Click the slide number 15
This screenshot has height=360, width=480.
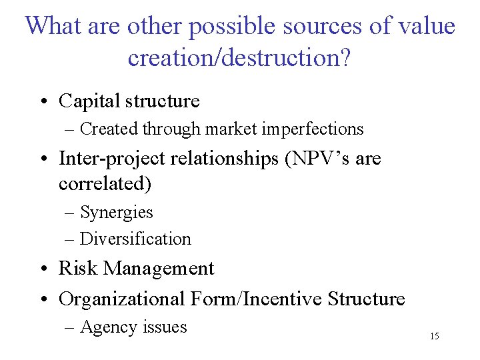coord(434,336)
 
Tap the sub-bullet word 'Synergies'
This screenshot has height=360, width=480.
coord(117,213)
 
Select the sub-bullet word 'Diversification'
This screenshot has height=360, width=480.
coord(135,239)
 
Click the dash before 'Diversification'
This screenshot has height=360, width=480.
coord(70,239)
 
